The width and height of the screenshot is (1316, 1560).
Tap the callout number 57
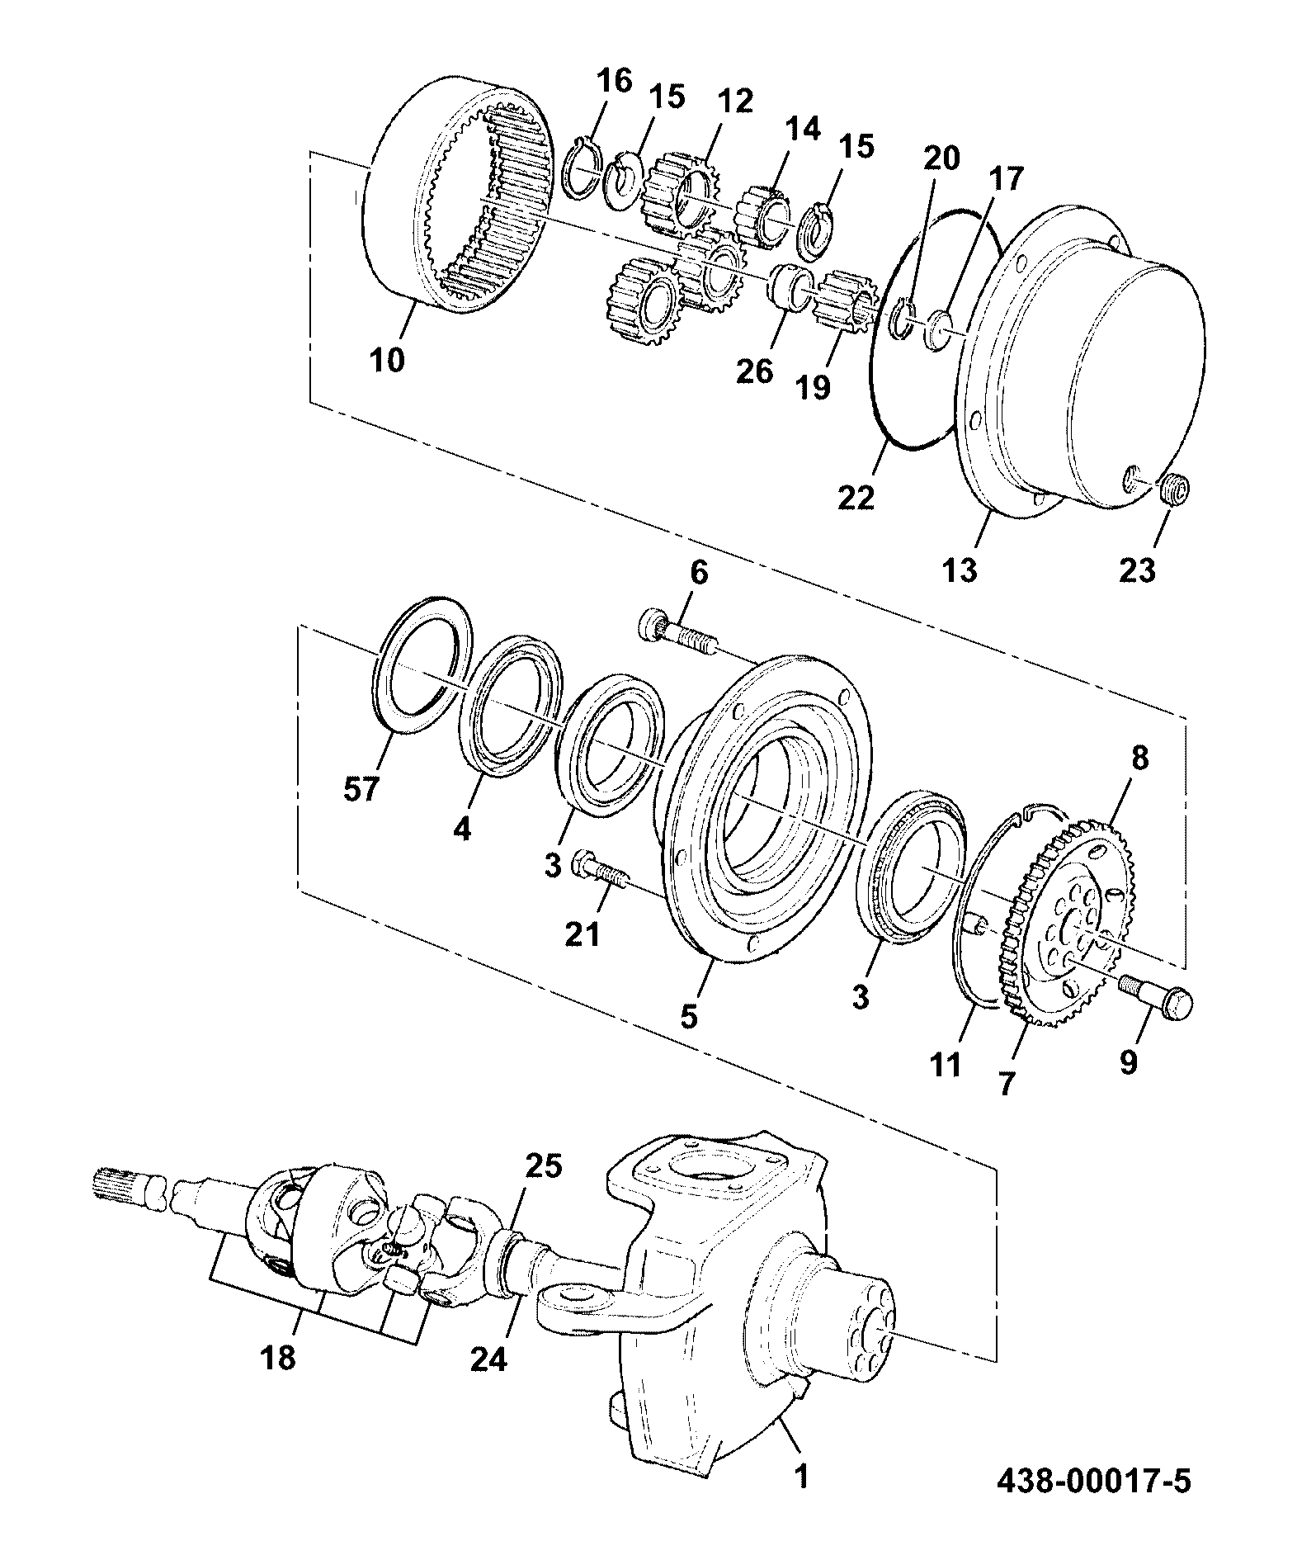361,790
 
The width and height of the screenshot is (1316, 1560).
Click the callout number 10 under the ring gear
388,360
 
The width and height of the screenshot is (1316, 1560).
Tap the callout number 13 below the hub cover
960,570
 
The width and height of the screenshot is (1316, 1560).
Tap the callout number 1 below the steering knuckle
801,1475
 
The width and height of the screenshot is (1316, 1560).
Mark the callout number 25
544,1165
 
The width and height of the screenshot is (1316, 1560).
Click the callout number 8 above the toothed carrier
1139,758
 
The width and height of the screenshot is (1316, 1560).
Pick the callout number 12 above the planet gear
735,102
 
